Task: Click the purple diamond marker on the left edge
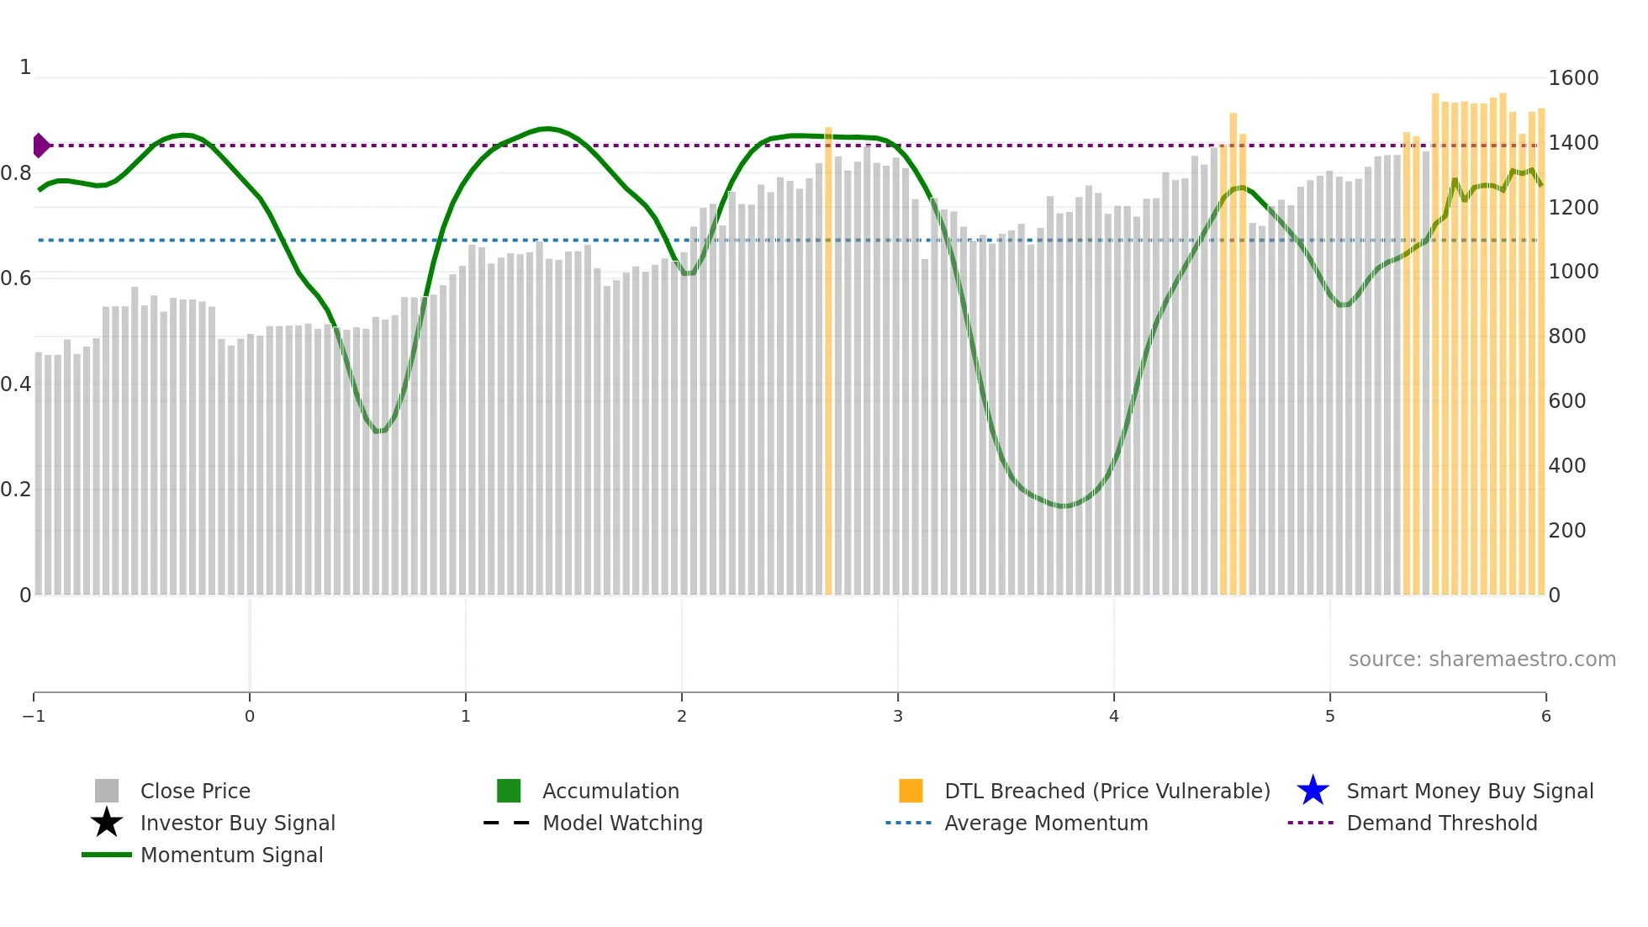click(x=40, y=146)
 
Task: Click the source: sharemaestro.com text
click(x=1482, y=659)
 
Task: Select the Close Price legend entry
click(x=194, y=792)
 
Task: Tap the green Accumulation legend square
click(x=509, y=791)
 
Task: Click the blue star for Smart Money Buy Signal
click(x=1313, y=791)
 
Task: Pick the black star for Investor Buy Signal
click(x=107, y=823)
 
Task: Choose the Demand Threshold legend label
click(x=1441, y=824)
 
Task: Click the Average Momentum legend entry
click(x=1045, y=824)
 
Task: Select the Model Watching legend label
click(x=621, y=824)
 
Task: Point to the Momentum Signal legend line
click(x=107, y=855)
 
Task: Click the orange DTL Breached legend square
click(x=911, y=791)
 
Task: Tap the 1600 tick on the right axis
click(x=1573, y=78)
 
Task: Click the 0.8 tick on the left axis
click(x=17, y=173)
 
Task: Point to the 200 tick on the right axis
click(x=1567, y=531)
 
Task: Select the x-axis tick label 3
click(x=897, y=717)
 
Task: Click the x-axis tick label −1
click(x=34, y=717)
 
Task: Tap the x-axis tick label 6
click(x=1545, y=717)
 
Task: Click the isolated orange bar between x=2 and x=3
click(x=828, y=362)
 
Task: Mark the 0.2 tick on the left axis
click(x=17, y=490)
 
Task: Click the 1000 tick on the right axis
click(x=1573, y=272)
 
